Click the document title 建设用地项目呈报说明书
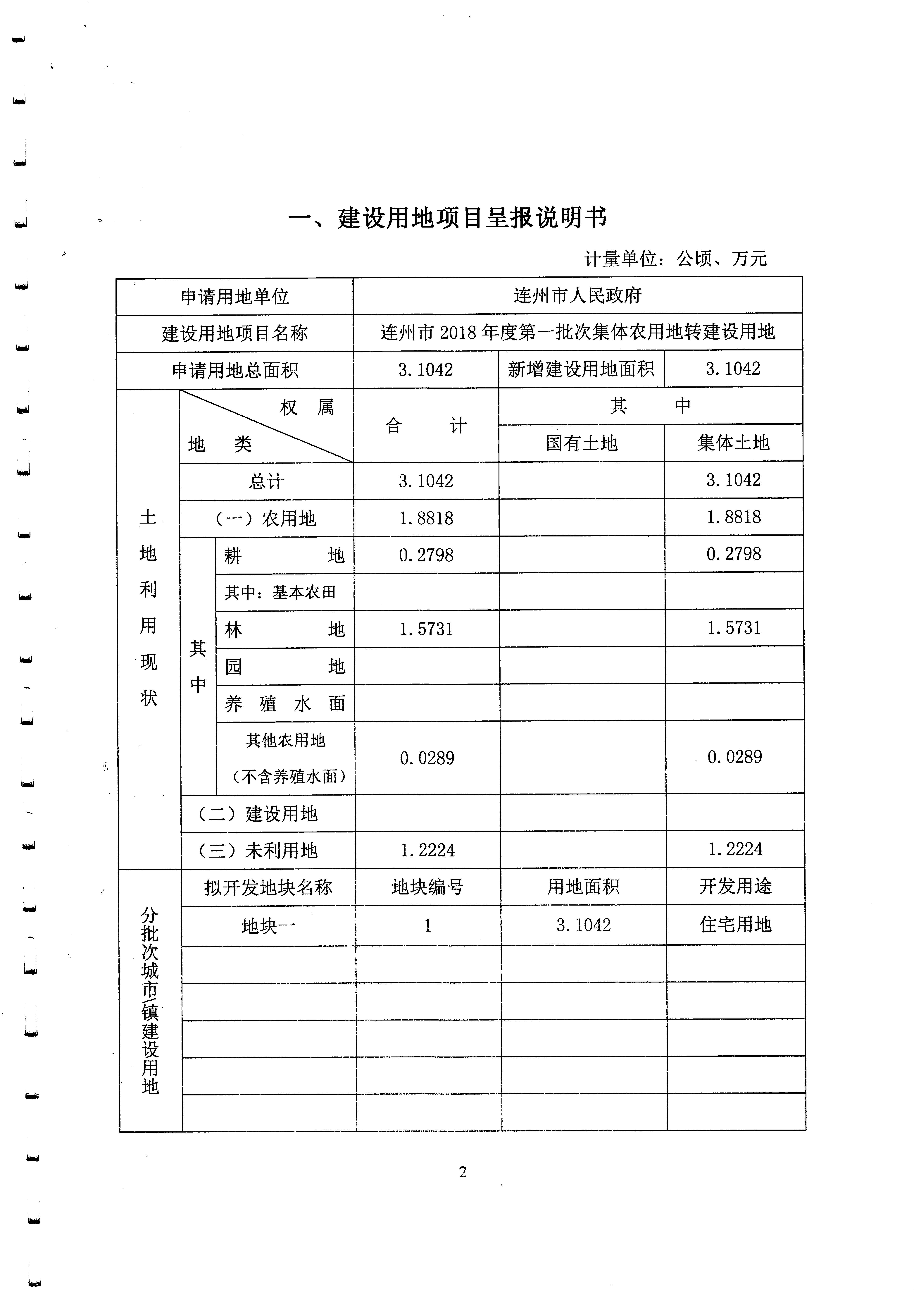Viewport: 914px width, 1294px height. (x=448, y=218)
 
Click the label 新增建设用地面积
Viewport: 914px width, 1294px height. (x=581, y=369)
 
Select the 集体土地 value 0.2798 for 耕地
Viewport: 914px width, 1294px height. (x=734, y=554)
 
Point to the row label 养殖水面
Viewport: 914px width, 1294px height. (x=284, y=703)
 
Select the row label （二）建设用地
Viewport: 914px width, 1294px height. (x=258, y=813)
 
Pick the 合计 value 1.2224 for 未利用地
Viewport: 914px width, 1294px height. (x=428, y=850)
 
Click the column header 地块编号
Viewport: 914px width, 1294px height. (x=428, y=888)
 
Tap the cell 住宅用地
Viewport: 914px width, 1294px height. (x=735, y=924)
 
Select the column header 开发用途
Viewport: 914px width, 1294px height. (x=735, y=887)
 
